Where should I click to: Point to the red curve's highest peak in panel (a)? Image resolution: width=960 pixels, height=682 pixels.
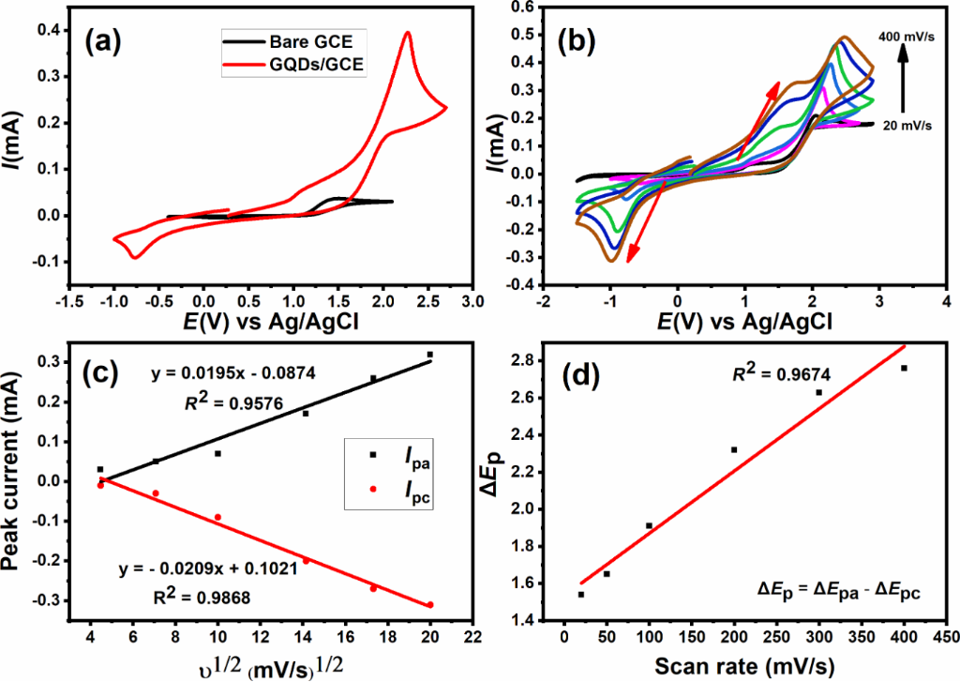[407, 33]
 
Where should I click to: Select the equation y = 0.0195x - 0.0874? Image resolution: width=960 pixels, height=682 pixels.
[235, 374]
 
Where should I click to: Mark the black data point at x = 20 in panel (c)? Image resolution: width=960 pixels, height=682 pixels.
[430, 355]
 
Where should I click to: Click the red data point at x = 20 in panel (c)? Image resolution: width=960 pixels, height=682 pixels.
[430, 604]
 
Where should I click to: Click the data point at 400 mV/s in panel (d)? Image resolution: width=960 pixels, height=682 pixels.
[904, 368]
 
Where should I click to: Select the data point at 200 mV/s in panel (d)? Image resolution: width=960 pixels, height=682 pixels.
[734, 449]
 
